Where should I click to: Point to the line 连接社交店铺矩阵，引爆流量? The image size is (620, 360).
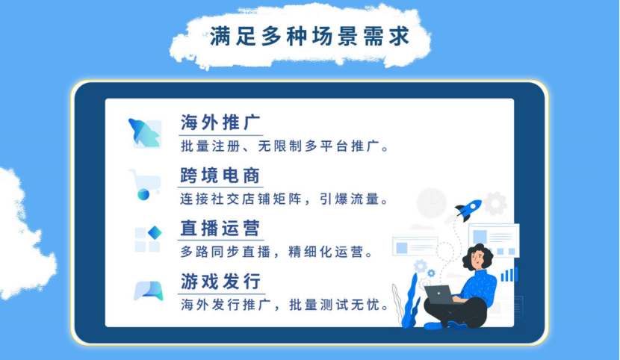(x=285, y=199)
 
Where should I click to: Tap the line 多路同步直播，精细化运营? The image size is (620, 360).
(x=276, y=252)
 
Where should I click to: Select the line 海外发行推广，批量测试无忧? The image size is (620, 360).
(x=285, y=305)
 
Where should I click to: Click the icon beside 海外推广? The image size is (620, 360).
(x=144, y=132)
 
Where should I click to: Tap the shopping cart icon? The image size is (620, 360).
(x=144, y=184)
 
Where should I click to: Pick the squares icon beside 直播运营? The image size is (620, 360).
(x=147, y=238)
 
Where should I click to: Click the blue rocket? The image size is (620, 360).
(x=468, y=209)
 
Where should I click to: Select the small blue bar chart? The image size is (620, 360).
(x=509, y=275)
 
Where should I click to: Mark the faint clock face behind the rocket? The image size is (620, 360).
(x=431, y=202)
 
